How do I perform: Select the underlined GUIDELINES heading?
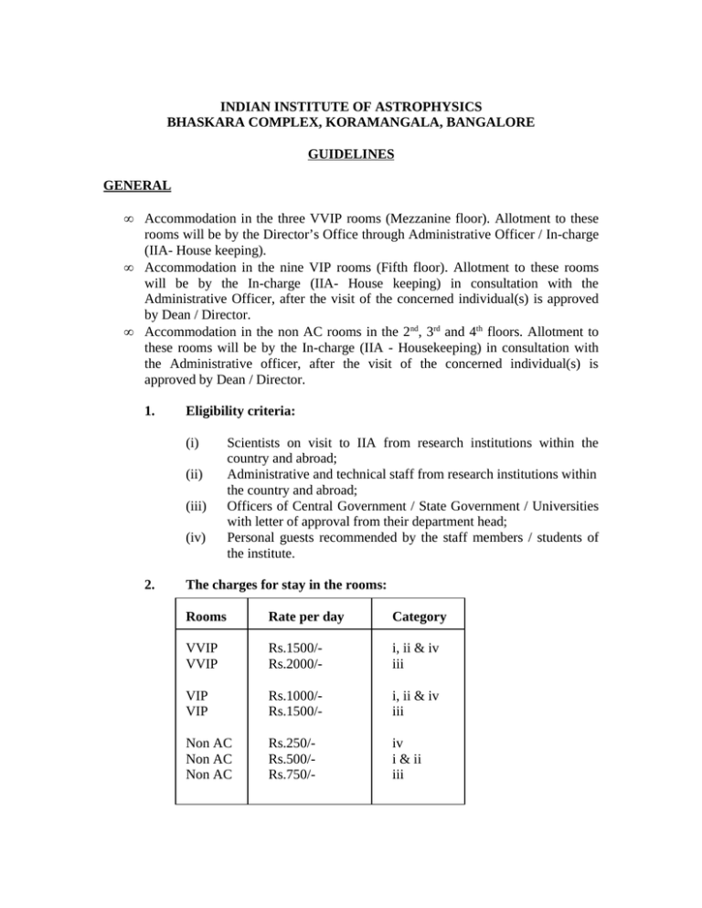point(350,155)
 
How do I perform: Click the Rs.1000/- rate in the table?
point(287,702)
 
